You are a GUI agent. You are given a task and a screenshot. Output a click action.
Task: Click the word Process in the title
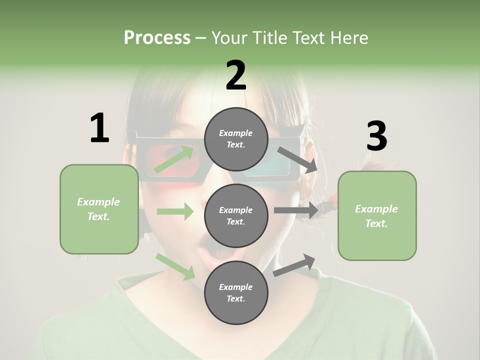(157, 37)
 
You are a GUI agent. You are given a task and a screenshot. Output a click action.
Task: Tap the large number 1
(99, 128)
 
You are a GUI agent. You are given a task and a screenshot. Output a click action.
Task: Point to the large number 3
(376, 136)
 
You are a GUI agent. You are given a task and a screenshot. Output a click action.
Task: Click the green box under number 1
(99, 209)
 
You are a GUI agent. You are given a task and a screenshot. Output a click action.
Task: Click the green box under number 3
(377, 216)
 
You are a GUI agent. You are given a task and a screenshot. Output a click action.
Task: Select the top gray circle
(236, 139)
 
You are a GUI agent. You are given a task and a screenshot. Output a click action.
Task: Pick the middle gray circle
(236, 215)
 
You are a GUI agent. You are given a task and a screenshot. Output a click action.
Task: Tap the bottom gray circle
(236, 292)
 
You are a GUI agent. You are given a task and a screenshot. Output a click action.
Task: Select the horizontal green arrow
(175, 211)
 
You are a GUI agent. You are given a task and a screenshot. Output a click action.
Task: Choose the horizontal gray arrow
(296, 210)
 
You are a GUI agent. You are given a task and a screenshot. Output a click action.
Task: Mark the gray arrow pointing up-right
(294, 265)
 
